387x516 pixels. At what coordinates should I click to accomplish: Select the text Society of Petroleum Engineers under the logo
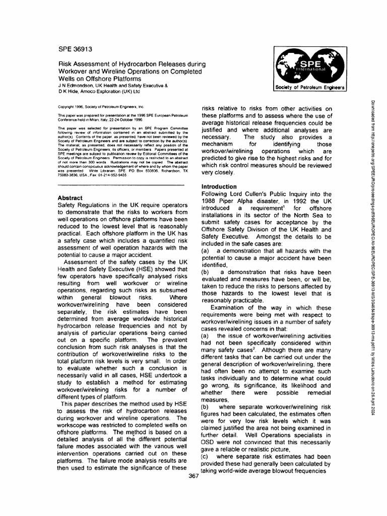tap(307, 87)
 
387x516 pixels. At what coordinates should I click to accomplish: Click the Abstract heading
tap(70, 198)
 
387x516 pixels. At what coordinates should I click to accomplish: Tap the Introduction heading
tap(221, 186)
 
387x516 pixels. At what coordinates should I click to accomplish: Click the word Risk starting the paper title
tap(67, 64)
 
